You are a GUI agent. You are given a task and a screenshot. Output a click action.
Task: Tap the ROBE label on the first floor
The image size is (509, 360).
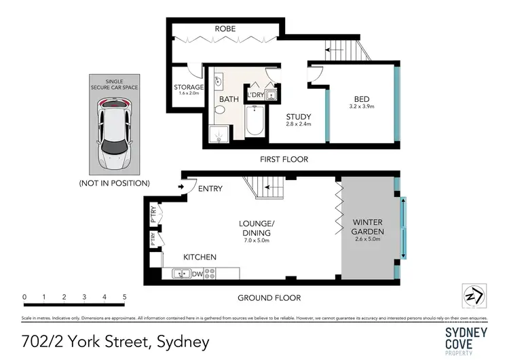[225, 29]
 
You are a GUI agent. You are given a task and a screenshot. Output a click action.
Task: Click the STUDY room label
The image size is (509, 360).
[299, 115]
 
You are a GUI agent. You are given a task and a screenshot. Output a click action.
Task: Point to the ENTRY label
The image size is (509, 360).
[211, 188]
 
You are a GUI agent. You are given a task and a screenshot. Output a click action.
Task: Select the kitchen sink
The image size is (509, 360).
[182, 274]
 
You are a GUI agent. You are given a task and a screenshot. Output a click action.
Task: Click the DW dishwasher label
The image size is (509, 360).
[197, 274]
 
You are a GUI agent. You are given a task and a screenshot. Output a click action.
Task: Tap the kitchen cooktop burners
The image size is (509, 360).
[210, 274]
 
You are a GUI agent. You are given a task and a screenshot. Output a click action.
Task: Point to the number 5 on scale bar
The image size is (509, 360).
[125, 297]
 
